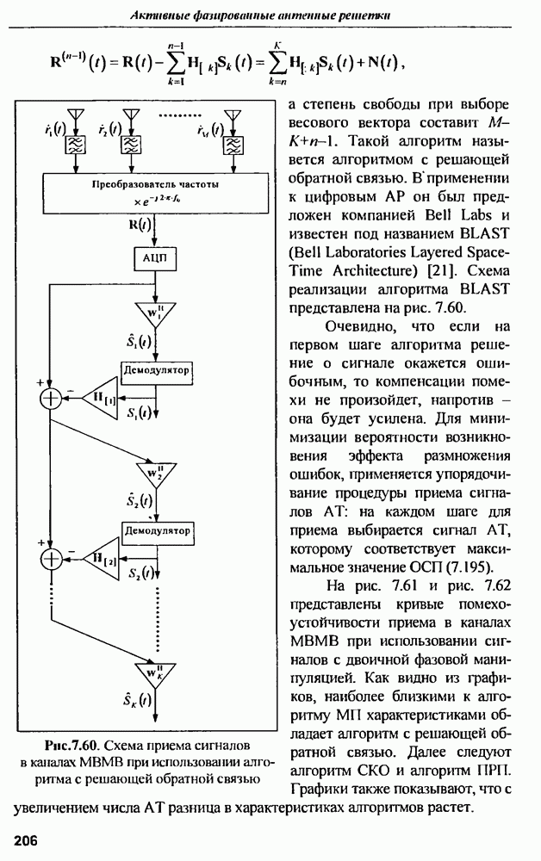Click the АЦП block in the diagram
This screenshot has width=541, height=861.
tap(156, 260)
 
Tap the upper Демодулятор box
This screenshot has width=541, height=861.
tap(156, 368)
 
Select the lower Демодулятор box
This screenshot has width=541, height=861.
tap(156, 531)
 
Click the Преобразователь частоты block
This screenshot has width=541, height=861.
tap(156, 191)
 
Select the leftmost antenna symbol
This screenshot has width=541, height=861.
tap(74, 116)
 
